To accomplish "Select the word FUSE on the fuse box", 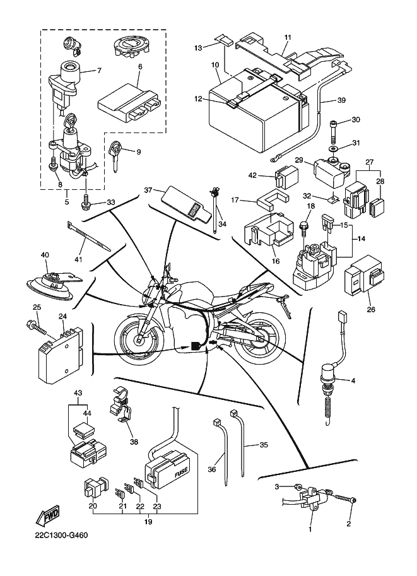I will click(x=181, y=470).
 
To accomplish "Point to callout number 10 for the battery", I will click(x=214, y=66).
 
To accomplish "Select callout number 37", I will click(x=148, y=190).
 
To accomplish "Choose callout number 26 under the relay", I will click(x=370, y=310).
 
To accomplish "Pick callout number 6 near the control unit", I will click(x=139, y=66).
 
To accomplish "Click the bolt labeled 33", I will click(x=86, y=203).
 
